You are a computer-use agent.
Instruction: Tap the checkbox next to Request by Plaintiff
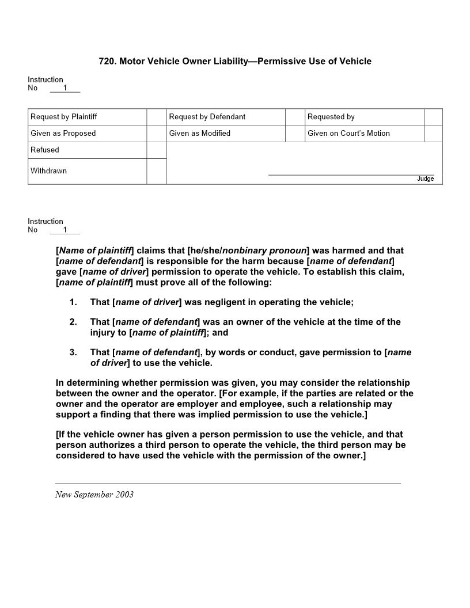pos(156,117)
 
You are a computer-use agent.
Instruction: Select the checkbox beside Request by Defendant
pos(295,117)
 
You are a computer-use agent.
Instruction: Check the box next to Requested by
pos(433,117)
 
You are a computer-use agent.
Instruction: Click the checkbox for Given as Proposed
pos(156,134)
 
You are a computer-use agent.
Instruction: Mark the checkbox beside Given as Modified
pos(295,134)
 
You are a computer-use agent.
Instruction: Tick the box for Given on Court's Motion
pos(433,134)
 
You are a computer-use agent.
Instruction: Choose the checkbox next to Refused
pos(156,150)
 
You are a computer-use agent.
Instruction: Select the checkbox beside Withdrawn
pos(156,172)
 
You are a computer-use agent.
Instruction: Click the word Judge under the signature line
pos(426,179)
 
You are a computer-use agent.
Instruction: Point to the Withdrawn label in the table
pos(48,171)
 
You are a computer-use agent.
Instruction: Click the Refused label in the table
pos(45,150)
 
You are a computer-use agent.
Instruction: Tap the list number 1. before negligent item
pos(73,302)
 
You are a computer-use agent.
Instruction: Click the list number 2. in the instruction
pos(73,322)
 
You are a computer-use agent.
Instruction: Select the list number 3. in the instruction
pos(73,352)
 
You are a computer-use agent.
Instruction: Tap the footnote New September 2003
pos(94,495)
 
